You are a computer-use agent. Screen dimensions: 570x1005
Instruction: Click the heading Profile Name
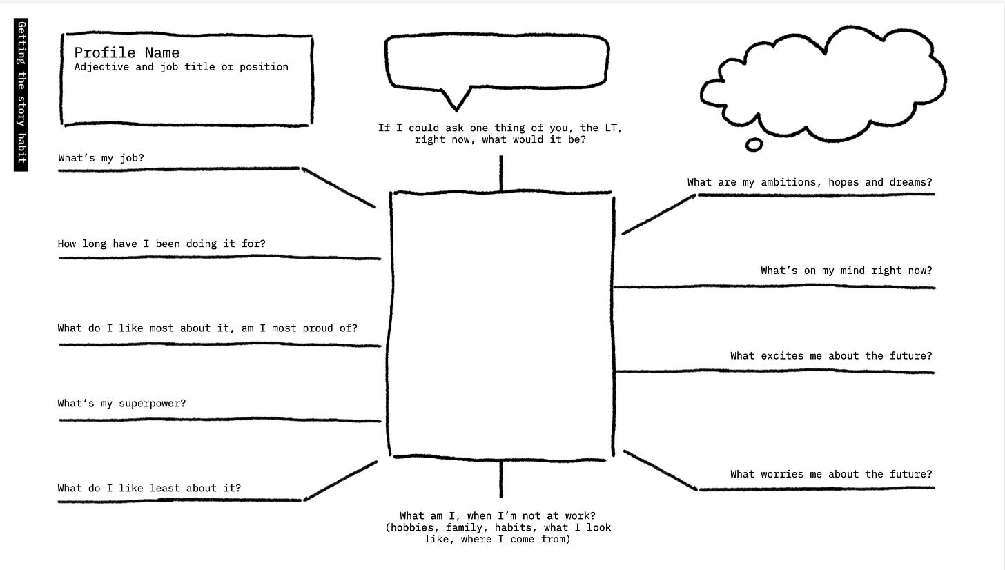[x=127, y=53]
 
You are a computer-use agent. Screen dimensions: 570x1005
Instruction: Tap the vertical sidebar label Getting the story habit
[x=21, y=95]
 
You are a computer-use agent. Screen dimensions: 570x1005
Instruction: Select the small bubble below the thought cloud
[x=754, y=145]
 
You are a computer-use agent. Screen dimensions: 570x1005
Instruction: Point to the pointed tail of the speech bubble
[x=456, y=104]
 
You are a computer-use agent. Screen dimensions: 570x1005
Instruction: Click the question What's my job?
[x=101, y=158]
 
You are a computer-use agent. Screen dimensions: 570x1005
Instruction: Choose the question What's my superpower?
[x=121, y=404]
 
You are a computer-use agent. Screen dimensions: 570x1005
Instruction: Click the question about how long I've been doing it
[x=162, y=244]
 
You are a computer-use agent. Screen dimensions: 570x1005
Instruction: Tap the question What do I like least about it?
[x=149, y=489]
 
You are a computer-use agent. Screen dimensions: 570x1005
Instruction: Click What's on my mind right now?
[x=846, y=271]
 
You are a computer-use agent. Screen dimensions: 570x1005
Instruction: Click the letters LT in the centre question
[x=611, y=128]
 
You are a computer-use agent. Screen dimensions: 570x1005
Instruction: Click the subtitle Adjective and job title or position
[x=181, y=67]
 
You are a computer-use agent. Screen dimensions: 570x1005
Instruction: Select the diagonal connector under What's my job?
[x=338, y=187]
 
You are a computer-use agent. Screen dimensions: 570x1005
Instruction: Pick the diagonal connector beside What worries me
[x=660, y=471]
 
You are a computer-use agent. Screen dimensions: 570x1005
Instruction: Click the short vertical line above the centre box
[x=501, y=173]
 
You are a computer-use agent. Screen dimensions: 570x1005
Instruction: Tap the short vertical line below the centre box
[x=501, y=479]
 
